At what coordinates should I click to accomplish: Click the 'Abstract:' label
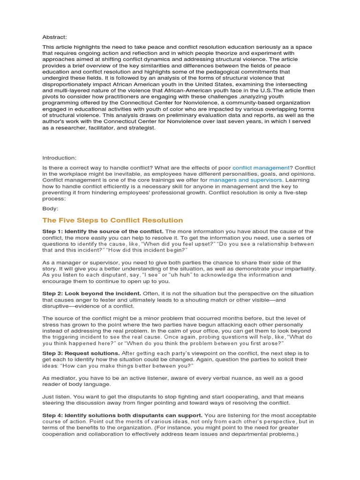tap(55, 37)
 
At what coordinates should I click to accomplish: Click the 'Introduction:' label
tap(59, 157)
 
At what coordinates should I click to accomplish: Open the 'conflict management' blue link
tap(261, 167)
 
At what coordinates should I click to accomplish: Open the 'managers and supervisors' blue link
tap(246, 180)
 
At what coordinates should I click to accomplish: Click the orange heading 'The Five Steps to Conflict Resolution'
tap(112, 220)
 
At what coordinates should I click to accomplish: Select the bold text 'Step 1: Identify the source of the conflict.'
tap(103, 232)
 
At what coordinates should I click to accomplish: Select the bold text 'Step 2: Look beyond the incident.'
tap(91, 293)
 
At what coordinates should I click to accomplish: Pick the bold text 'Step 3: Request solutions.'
tap(81, 352)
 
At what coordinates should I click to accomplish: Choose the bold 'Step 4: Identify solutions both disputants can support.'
tap(122, 415)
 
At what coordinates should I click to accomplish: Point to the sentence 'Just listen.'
tap(58, 396)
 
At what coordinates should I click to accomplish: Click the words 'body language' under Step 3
tap(90, 384)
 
